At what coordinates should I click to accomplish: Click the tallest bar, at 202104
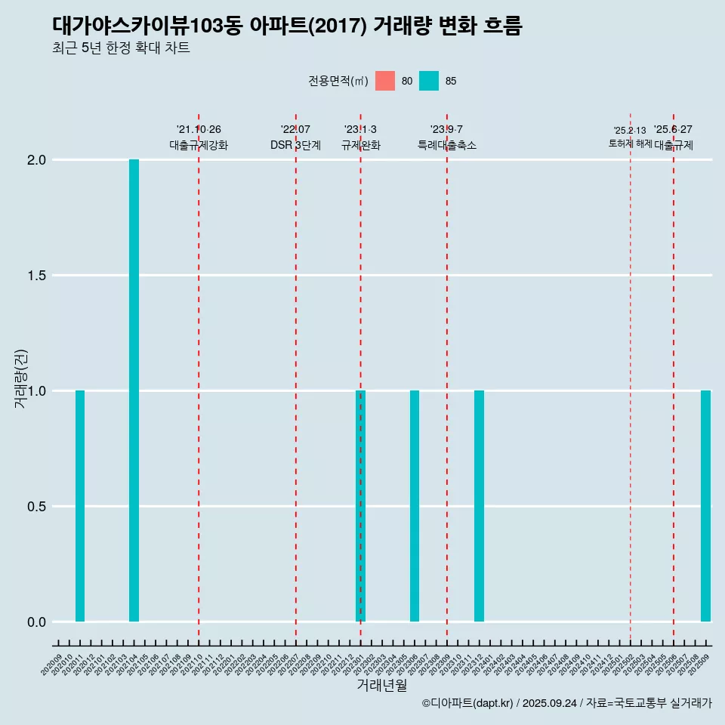click(x=134, y=390)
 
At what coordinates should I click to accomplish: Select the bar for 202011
click(x=80, y=506)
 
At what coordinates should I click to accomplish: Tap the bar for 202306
click(x=415, y=506)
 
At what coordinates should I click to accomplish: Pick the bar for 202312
click(x=479, y=506)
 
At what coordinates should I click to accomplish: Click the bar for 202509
click(x=705, y=506)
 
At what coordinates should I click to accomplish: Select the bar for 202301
click(x=360, y=506)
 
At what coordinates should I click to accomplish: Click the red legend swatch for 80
click(x=385, y=81)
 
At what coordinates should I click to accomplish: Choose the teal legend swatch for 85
click(x=429, y=81)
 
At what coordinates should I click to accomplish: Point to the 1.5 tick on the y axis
click(x=36, y=276)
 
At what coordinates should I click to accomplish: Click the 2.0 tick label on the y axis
click(x=36, y=160)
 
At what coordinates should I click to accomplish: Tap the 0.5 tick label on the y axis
click(x=36, y=507)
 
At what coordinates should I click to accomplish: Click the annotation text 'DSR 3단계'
click(x=295, y=145)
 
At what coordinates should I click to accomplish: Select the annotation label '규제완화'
click(x=360, y=145)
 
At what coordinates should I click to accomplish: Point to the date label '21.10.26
click(x=199, y=130)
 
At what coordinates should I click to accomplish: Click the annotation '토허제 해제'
click(x=630, y=143)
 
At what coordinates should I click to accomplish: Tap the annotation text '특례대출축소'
click(x=447, y=145)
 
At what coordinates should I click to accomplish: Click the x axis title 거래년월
click(x=381, y=686)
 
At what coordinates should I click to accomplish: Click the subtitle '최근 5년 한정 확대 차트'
click(x=121, y=48)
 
